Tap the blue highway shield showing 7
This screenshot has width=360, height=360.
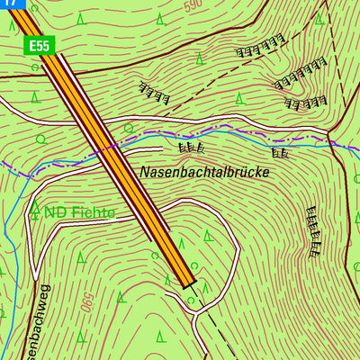click(10, 4)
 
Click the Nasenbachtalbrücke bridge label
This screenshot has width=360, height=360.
click(204, 170)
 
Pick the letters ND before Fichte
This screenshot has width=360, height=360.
click(57, 212)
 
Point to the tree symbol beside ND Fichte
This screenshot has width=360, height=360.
click(36, 210)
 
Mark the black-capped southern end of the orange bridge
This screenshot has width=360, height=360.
click(187, 283)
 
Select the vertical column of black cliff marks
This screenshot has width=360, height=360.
click(315, 230)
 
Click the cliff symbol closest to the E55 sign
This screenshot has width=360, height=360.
click(155, 91)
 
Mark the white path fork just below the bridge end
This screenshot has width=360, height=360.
click(191, 297)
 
